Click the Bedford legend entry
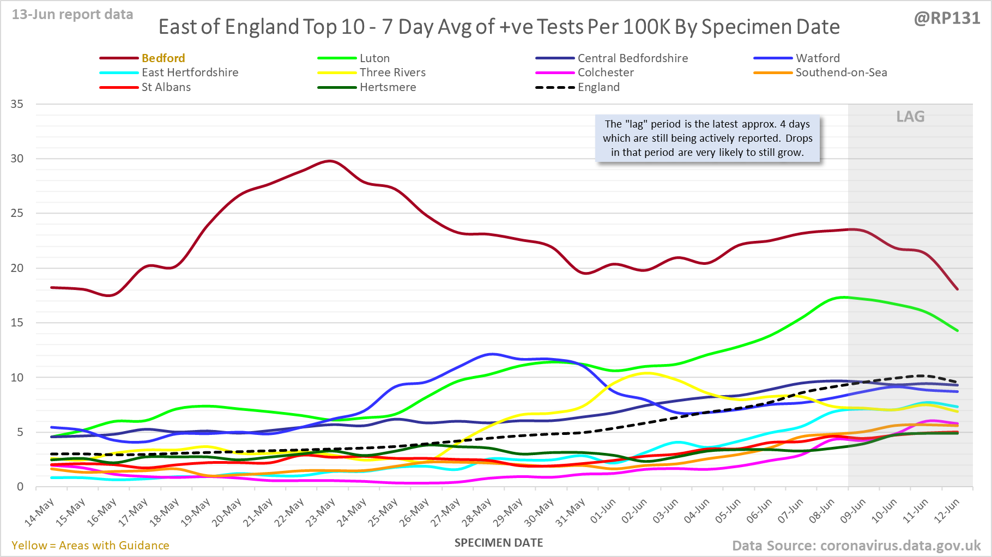tap(163, 58)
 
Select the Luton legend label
tap(374, 58)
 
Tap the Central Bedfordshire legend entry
tap(632, 58)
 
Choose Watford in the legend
tap(817, 58)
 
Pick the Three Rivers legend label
tap(392, 72)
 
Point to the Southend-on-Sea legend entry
tap(841, 72)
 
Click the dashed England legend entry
tap(598, 87)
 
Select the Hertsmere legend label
tap(388, 87)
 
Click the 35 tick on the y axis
tap(17, 104)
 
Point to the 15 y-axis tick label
tap(17, 323)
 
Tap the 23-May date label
tap(320, 513)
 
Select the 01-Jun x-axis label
tap(602, 512)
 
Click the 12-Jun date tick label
tap(946, 512)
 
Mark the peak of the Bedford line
tap(329, 161)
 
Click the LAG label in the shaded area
tap(910, 117)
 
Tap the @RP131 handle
tap(947, 19)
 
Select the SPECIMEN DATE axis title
tap(499, 543)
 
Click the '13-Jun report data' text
tap(72, 15)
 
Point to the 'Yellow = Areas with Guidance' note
tap(90, 546)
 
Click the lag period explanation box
tap(707, 138)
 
